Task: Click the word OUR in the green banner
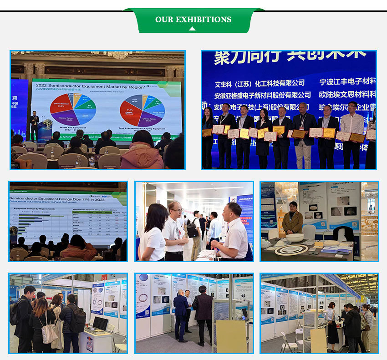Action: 164,20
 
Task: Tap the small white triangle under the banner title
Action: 193,29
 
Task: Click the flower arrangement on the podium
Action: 46,123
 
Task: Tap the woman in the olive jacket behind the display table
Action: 292,218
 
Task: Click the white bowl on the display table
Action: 295,238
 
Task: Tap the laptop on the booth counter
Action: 99,324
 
